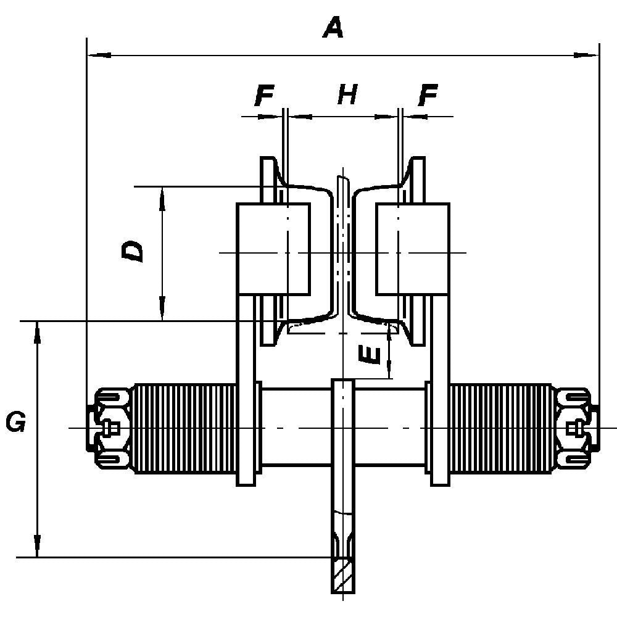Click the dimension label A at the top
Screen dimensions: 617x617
pos(333,28)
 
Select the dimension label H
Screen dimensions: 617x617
pos(347,96)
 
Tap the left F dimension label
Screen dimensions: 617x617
pos(264,96)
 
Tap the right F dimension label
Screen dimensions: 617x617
pos(427,96)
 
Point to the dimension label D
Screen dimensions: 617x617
pos(133,251)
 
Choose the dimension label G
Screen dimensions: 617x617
pos(15,423)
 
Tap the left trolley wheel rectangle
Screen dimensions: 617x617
pos(273,249)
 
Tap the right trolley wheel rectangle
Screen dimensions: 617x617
pos(412,249)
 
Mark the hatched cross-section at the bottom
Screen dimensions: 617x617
pos(343,576)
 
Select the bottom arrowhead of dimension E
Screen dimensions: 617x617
pos(389,371)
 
